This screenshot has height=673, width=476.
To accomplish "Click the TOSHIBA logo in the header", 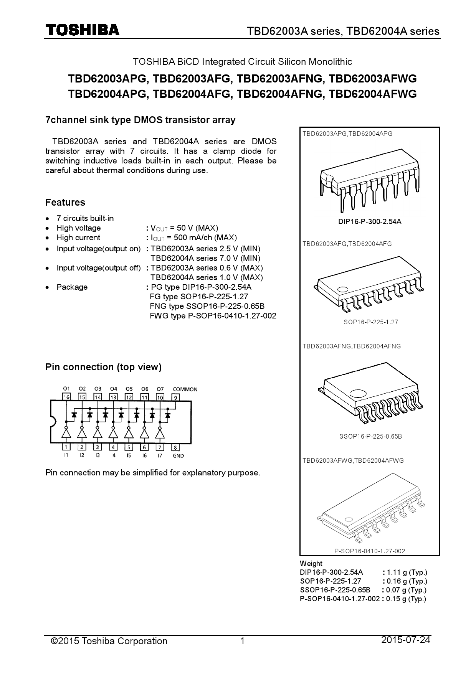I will click(83, 30).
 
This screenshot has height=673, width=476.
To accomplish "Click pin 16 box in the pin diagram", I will click(66, 397).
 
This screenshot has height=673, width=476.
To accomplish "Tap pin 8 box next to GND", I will click(175, 447).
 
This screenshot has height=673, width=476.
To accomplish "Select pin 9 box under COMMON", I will click(175, 397).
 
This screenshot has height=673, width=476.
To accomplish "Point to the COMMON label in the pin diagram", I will click(185, 389).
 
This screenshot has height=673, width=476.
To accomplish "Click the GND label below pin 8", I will click(178, 456).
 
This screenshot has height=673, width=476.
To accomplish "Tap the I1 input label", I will click(66, 455).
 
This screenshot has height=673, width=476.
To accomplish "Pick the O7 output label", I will click(160, 389).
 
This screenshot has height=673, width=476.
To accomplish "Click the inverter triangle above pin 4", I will click(113, 434).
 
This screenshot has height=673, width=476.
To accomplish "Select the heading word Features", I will click(65, 202).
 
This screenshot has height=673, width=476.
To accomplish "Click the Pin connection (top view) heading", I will click(103, 367).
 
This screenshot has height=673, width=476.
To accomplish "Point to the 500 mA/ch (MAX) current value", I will click(205, 238).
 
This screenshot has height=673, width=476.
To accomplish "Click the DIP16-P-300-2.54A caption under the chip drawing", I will click(370, 221).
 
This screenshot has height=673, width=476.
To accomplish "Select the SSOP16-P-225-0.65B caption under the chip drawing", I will click(370, 436).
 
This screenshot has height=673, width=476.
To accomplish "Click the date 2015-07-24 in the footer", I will click(406, 640).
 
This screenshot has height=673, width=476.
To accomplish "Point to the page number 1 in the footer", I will click(242, 641).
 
